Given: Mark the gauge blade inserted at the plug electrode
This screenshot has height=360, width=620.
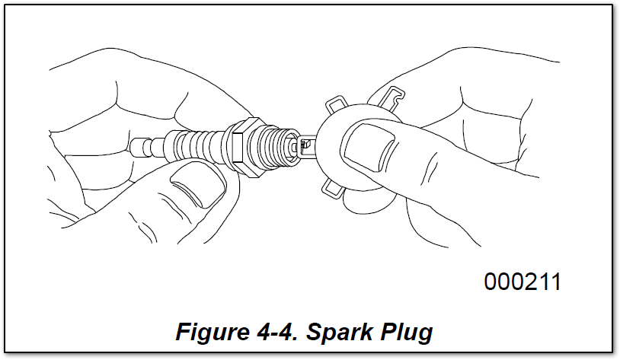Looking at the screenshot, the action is click(x=308, y=147).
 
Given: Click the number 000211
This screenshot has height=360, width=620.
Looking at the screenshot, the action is click(x=523, y=282).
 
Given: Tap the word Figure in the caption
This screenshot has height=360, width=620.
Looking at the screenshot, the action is click(x=213, y=332).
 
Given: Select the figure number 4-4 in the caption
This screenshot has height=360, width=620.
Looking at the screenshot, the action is click(x=276, y=331).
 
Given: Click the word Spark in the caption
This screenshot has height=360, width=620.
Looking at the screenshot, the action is click(x=339, y=332).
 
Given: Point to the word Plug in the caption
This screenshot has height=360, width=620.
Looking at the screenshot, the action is click(x=406, y=332).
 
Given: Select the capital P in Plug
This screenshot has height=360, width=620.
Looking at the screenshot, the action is click(x=388, y=331).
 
